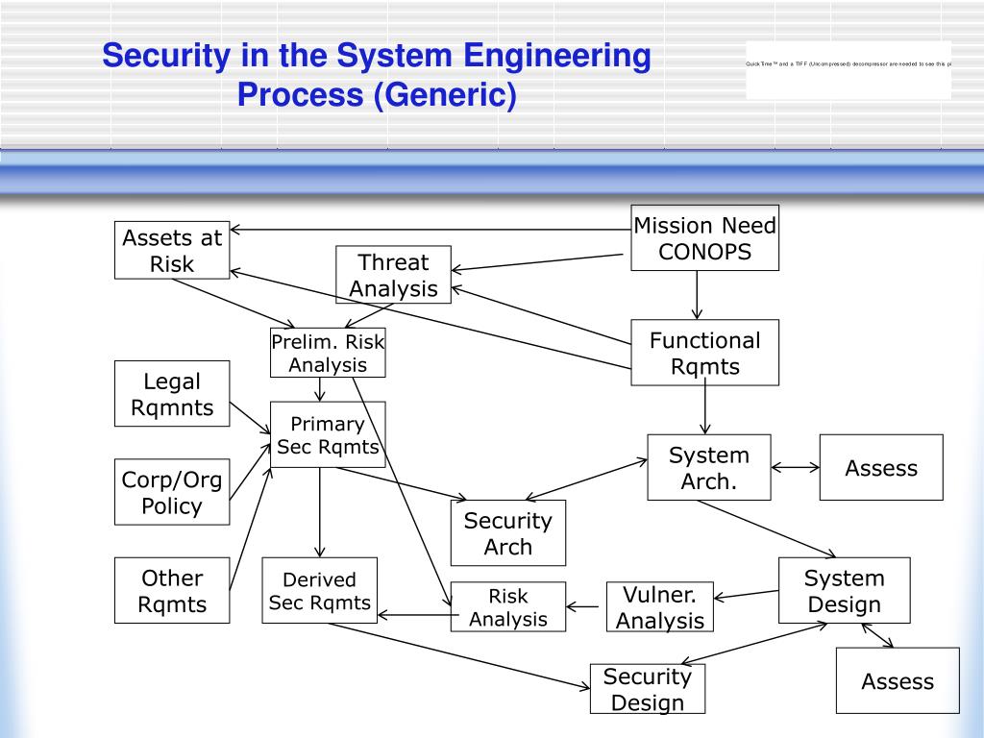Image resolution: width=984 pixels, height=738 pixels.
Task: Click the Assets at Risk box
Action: tap(172, 250)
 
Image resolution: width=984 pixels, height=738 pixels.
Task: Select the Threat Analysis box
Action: tap(393, 275)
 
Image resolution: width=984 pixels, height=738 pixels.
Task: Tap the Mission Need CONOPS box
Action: tap(704, 238)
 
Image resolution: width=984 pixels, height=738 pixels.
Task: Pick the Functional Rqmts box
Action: tap(704, 353)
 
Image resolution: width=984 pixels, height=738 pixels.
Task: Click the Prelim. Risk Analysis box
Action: tap(328, 353)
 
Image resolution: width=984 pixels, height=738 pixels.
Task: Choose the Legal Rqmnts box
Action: tap(172, 394)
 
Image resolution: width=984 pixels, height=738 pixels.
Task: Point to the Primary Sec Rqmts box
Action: tap(328, 434)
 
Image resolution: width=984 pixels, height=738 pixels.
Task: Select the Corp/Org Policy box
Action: tap(172, 492)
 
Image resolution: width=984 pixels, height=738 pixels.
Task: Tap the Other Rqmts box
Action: tap(172, 590)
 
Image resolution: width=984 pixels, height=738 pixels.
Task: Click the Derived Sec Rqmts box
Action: tap(319, 590)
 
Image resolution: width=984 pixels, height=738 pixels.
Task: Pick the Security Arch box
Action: tap(507, 533)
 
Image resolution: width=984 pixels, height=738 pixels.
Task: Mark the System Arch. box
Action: tap(708, 468)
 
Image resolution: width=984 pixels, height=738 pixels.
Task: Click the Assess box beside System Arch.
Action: tap(881, 468)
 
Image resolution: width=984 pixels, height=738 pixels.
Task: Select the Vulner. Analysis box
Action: tap(659, 607)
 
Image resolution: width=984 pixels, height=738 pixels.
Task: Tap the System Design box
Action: tap(844, 590)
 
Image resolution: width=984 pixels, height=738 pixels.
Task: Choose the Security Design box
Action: tap(647, 689)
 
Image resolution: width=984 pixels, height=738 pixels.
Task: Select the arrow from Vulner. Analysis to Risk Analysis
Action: tap(586, 606)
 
